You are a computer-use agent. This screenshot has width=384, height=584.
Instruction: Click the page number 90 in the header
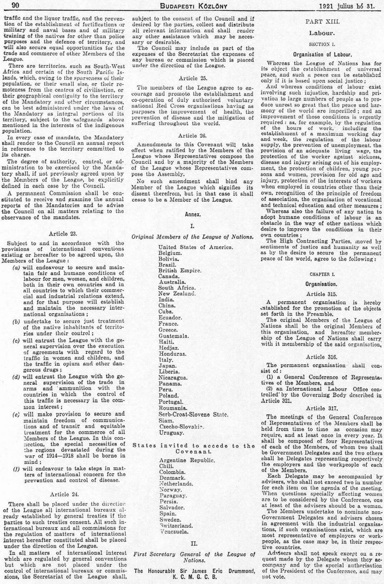click(13, 5)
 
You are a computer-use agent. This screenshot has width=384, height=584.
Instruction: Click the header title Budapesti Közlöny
click(192, 5)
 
